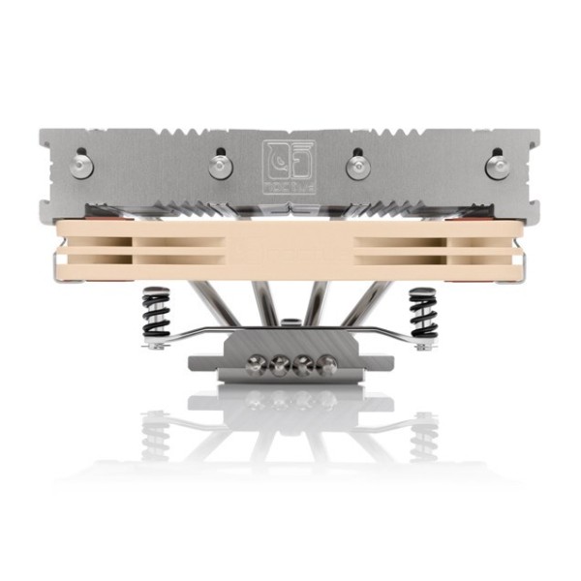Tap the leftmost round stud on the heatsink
click(x=81, y=167)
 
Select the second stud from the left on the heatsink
click(x=220, y=166)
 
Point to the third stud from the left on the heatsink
click(x=357, y=166)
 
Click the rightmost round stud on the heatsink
click(x=498, y=167)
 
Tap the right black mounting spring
click(x=422, y=312)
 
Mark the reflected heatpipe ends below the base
click(x=290, y=398)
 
